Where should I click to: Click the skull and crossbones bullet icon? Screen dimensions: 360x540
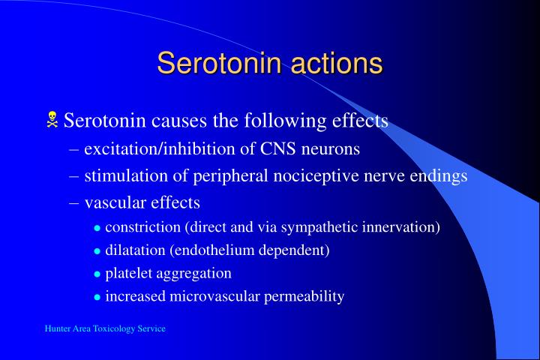point(53,118)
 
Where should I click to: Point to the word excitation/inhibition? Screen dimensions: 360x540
point(171,149)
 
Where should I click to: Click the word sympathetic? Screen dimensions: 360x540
point(324,227)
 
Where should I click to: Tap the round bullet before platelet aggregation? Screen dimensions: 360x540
point(97,274)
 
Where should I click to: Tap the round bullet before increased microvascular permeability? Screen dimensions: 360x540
point(97,297)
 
